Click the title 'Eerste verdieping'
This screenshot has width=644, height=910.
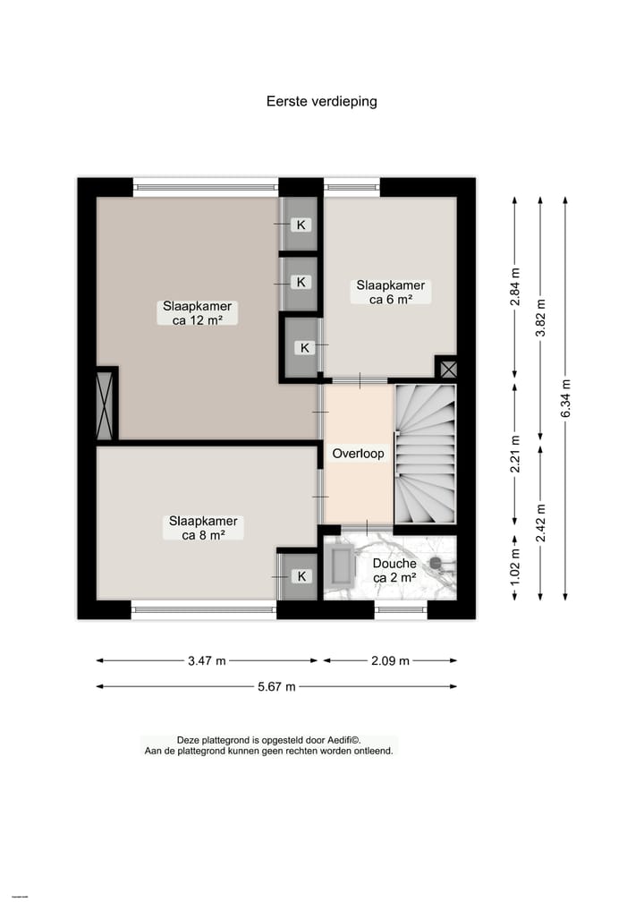(321, 101)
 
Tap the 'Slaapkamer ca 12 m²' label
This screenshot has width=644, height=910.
(197, 312)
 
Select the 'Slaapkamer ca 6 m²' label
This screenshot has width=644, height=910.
(391, 293)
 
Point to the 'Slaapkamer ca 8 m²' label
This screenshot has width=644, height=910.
(203, 528)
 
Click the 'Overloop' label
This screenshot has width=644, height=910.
(358, 454)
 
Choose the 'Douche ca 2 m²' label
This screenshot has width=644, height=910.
(394, 571)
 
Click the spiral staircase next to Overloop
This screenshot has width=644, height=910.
(426, 455)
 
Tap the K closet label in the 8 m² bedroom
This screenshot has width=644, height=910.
(301, 576)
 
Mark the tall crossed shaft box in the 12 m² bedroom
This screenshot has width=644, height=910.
(105, 405)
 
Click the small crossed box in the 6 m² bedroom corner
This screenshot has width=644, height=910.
(446, 369)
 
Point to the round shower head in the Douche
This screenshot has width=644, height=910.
(436, 563)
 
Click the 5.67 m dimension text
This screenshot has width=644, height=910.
(275, 687)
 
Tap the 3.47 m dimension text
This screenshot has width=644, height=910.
(207, 661)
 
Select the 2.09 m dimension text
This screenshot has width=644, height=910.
(390, 661)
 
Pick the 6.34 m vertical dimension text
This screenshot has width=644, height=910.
(565, 400)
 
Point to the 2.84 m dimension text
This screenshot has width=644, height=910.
(514, 287)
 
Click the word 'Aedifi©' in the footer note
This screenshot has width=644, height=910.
(341, 740)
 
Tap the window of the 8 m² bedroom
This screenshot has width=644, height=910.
(204, 610)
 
